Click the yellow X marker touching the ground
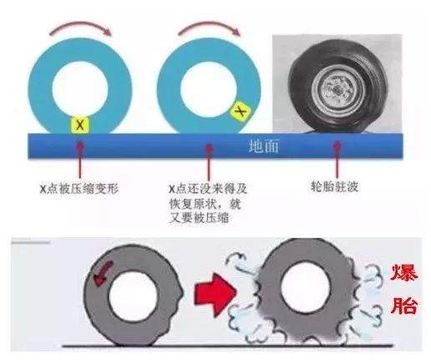tap(80, 124)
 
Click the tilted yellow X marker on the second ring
tap(241, 111)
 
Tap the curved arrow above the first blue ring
tap(81, 28)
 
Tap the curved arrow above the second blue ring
tap(210, 27)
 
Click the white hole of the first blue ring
tap(80, 89)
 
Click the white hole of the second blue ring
tap(209, 89)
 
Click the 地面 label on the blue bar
tap(263, 146)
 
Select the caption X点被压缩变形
tap(79, 189)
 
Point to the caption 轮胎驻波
tap(334, 186)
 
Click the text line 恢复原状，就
tap(205, 204)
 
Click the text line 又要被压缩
tap(199, 218)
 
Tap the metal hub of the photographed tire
tap(337, 89)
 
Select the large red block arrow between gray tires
tap(215, 295)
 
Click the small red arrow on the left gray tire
tap(103, 274)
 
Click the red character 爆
tap(403, 273)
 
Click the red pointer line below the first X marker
tap(80, 160)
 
